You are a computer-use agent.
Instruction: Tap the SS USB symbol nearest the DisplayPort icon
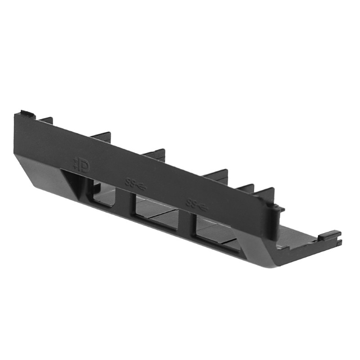[135, 184]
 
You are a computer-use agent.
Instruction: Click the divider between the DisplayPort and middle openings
[129, 202]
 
